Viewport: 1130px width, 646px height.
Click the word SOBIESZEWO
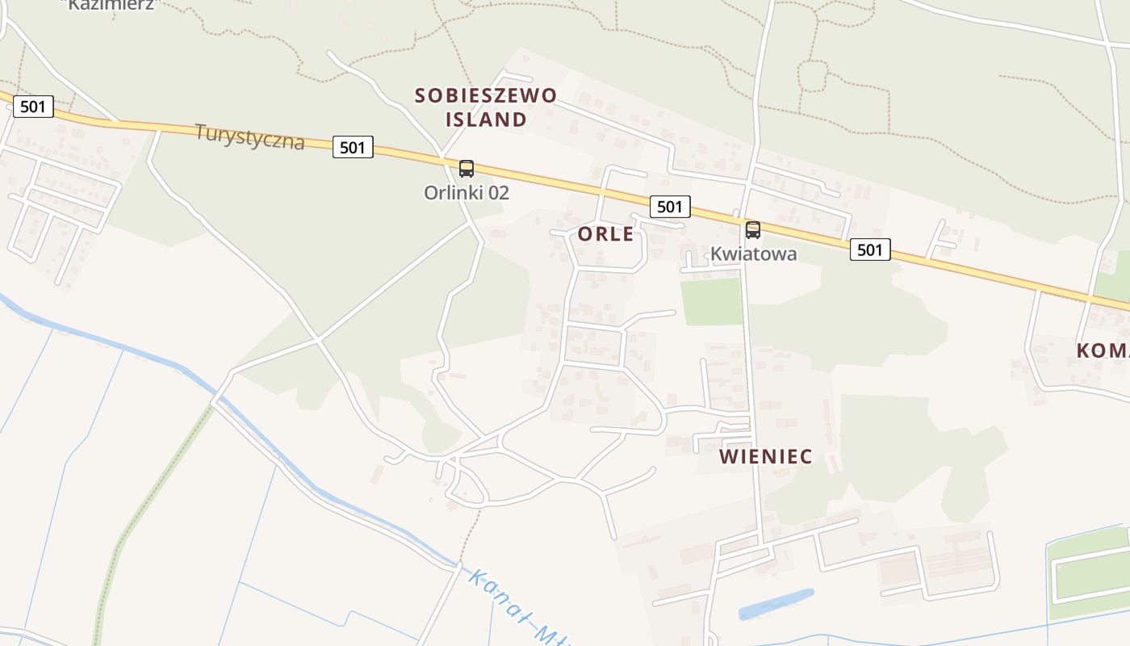(486, 95)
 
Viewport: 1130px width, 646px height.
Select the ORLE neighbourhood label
(606, 234)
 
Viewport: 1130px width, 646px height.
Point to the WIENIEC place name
(765, 456)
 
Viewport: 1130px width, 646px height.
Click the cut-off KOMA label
(1103, 350)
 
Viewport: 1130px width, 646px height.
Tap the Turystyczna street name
(250, 136)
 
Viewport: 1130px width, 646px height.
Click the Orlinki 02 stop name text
(467, 193)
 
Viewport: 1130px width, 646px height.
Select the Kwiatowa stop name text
(753, 254)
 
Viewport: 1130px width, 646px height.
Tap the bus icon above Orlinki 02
(467, 169)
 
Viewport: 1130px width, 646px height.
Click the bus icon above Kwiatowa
(753, 230)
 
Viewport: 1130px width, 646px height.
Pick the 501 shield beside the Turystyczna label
(353, 147)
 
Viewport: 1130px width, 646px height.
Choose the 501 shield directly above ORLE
(669, 207)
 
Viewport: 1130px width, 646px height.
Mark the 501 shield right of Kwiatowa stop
(869, 250)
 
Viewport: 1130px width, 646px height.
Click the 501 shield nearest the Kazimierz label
(33, 106)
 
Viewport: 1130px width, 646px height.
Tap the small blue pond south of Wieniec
(776, 604)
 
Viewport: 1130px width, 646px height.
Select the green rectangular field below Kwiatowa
(711, 302)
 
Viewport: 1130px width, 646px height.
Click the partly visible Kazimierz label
(111, 4)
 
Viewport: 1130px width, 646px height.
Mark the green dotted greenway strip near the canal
(145, 501)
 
